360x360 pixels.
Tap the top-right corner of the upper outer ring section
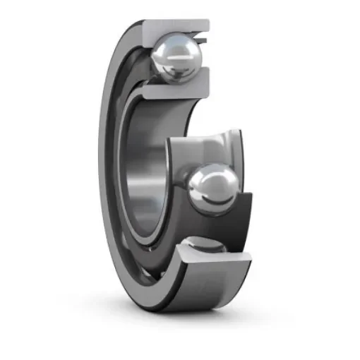209,22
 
